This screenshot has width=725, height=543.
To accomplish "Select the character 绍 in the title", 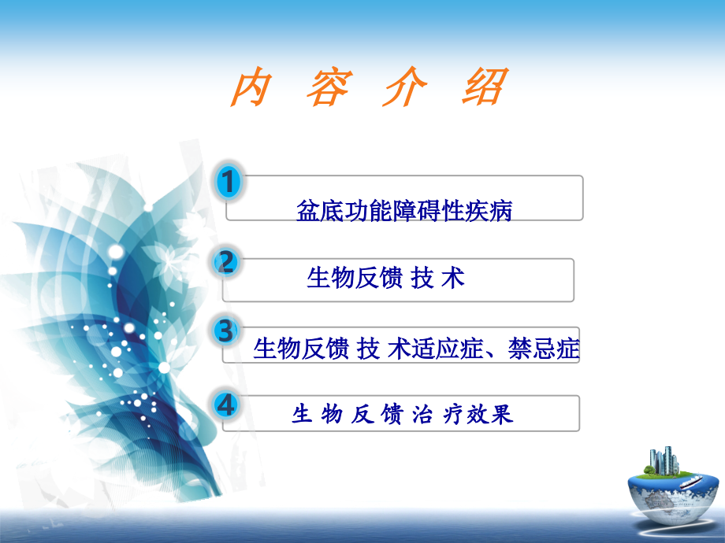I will coord(480,88).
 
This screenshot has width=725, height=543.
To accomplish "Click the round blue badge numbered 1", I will coord(229,183).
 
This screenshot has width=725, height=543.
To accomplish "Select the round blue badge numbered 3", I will coord(227,331).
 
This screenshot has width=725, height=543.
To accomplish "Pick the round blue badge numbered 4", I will coord(227,405).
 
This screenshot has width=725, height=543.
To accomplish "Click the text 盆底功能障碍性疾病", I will coord(403,210).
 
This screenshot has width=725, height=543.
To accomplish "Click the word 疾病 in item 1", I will coord(489,210).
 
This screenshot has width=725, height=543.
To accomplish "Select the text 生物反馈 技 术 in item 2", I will coord(385,278).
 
